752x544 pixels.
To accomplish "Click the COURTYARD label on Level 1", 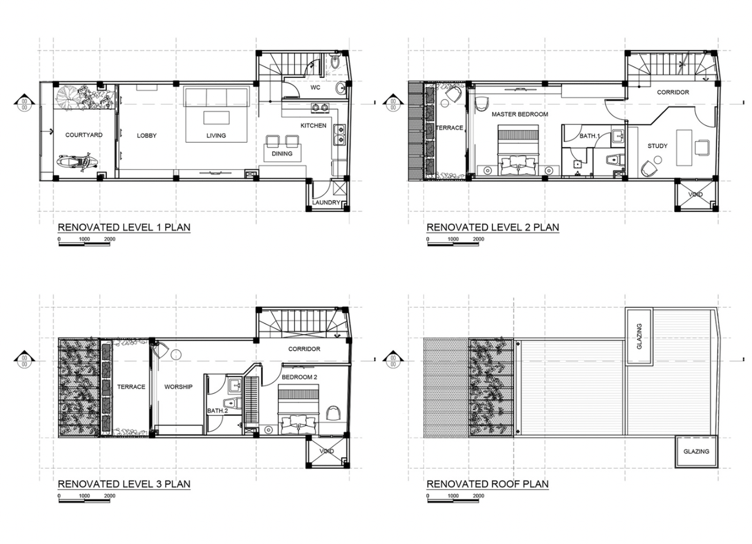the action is [84, 135].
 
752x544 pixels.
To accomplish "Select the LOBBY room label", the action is [147, 136].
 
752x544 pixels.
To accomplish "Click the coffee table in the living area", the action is [216, 118].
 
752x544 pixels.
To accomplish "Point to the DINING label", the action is [282, 154].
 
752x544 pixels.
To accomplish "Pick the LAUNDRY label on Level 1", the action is [326, 202].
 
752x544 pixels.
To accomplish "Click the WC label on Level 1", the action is [315, 87].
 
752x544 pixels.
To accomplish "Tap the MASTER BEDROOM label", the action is [520, 114].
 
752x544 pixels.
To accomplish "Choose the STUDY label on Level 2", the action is [657, 146].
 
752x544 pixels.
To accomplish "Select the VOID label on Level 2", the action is [696, 195].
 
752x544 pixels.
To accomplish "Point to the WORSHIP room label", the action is [178, 387].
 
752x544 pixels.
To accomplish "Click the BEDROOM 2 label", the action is [299, 377].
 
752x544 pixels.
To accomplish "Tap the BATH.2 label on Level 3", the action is [217, 411].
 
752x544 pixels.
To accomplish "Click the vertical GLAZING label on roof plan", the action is [639, 337].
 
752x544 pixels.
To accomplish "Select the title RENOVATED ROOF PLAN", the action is [487, 484].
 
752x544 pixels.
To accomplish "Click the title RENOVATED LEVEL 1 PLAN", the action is [124, 227].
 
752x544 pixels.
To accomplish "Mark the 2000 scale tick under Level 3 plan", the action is [110, 496].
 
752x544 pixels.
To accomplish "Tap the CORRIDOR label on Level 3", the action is [304, 349].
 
